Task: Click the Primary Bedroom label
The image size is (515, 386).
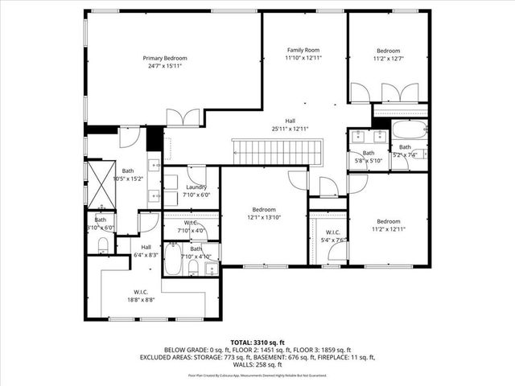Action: (165, 58)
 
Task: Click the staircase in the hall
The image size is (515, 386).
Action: (277, 150)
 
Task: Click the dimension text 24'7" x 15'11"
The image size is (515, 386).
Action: (165, 67)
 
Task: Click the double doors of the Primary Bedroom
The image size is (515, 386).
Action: (183, 117)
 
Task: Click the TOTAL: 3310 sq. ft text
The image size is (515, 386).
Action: (257, 342)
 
